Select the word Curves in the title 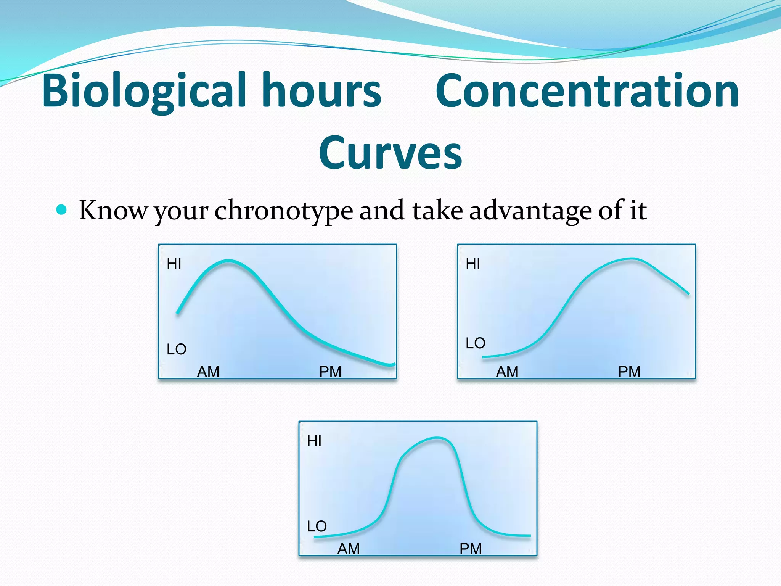point(390,153)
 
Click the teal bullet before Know point(61,209)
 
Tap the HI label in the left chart point(174,264)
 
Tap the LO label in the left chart point(176,349)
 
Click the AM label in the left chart point(208,372)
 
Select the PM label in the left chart point(330,372)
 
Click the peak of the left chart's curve point(228,261)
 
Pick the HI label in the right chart point(473,264)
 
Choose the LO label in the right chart point(475,343)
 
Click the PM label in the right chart point(629,372)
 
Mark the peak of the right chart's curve point(631,259)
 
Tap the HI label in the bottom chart point(314,441)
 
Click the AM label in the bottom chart point(349,549)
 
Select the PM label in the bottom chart point(471,549)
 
